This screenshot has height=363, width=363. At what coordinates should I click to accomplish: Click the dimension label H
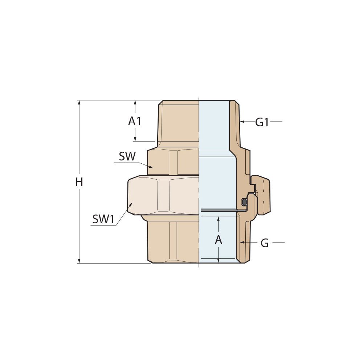pyautogui.click(x=79, y=182)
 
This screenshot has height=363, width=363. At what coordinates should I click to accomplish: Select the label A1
pyautogui.click(x=135, y=121)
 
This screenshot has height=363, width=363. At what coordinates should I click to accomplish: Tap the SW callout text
pyautogui.click(x=127, y=156)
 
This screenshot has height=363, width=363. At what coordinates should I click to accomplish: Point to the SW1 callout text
pyautogui.click(x=103, y=219)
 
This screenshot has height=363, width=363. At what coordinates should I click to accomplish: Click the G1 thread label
pyautogui.click(x=262, y=122)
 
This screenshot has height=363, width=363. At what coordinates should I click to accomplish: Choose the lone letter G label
pyautogui.click(x=265, y=243)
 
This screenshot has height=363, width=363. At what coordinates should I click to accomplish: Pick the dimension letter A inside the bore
pyautogui.click(x=219, y=240)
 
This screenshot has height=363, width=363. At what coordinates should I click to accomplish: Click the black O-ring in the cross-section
pyautogui.click(x=245, y=202)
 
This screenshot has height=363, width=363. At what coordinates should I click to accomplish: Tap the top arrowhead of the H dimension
pyautogui.click(x=79, y=103)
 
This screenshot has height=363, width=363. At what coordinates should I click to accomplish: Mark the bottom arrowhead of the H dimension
pyautogui.click(x=79, y=261)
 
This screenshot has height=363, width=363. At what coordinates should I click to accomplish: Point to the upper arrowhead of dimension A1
pyautogui.click(x=135, y=103)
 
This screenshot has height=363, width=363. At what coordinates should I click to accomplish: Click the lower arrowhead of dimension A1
pyautogui.click(x=135, y=139)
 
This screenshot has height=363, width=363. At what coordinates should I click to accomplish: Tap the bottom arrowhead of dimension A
pyautogui.click(x=219, y=260)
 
